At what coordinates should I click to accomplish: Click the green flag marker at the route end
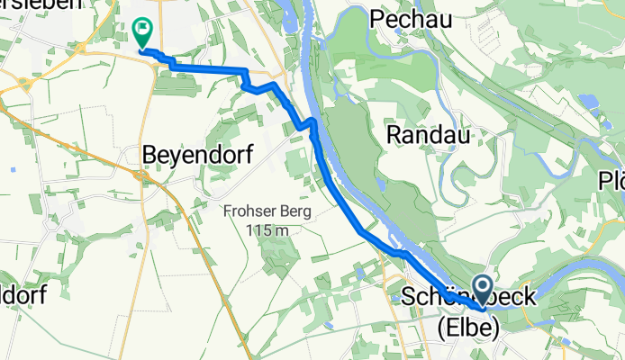(x=141, y=32)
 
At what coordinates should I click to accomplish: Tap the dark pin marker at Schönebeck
(x=482, y=291)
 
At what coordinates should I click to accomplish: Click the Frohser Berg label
(x=268, y=212)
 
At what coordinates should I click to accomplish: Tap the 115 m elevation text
(x=268, y=230)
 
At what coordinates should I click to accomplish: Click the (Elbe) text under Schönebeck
(x=467, y=328)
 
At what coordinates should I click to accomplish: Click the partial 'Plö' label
(x=611, y=181)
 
